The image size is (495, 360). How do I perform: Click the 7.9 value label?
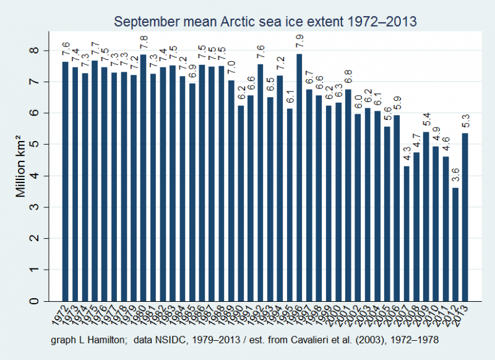coord(299,45)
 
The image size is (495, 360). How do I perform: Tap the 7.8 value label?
coord(142,45)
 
